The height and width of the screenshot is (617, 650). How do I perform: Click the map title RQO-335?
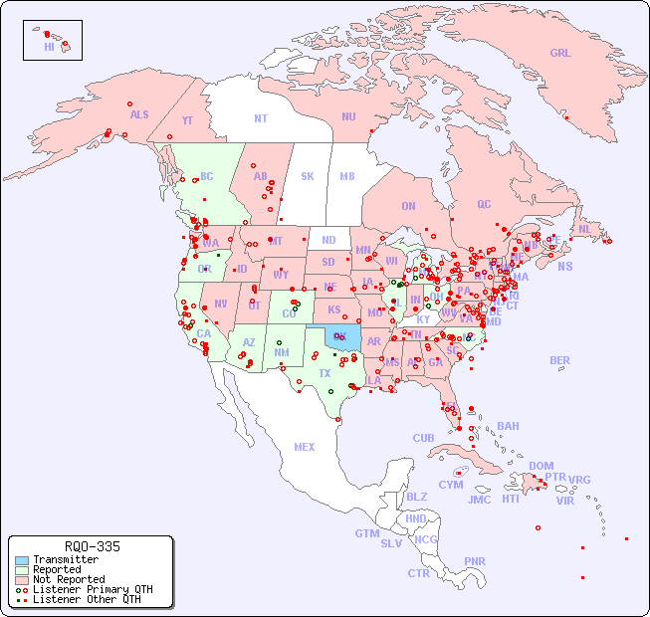pos(92,546)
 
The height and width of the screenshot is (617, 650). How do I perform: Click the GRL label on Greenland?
pos(560,53)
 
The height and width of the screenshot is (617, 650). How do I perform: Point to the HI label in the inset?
pos(50,47)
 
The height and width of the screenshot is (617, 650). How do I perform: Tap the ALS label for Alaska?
pos(139,114)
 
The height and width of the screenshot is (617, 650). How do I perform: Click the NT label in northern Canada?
pos(260,117)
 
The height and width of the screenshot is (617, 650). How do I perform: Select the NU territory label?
pos(348,116)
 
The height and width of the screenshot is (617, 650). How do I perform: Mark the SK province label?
pos(308,176)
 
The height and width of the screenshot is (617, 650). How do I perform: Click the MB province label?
pos(346,176)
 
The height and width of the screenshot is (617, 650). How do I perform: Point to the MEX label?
pos(305,447)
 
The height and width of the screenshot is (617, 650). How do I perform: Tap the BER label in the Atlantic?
pos(559,360)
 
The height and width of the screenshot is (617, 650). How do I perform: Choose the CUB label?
pos(423,438)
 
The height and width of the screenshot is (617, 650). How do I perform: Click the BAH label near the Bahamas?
pos(508,426)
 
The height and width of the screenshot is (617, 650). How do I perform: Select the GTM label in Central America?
pos(366,533)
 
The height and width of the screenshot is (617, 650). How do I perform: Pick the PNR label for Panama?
pos(475,561)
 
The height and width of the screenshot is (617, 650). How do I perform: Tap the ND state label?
pos(328,240)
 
